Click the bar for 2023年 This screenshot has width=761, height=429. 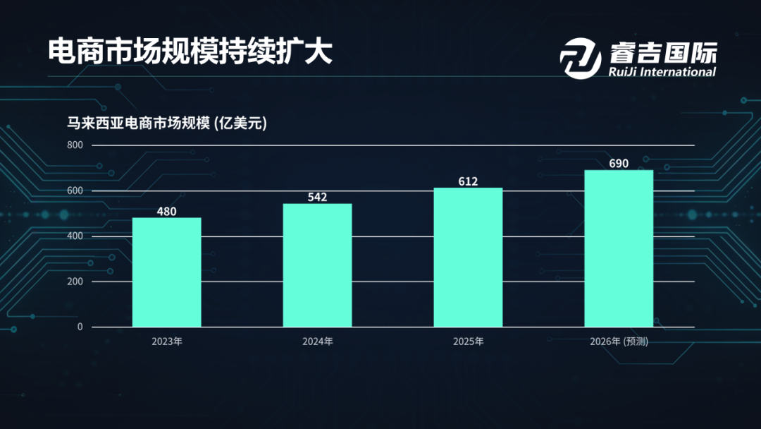[x=167, y=272]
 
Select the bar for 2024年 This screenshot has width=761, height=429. [x=318, y=265]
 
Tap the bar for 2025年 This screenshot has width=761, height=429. [x=468, y=258]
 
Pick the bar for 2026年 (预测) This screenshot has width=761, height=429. [x=619, y=248]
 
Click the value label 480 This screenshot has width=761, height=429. [x=167, y=211]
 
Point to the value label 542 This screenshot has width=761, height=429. [x=318, y=197]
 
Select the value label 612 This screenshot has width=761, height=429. [x=468, y=181]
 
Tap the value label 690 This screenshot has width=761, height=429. [x=619, y=164]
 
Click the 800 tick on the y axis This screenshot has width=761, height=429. [x=75, y=145]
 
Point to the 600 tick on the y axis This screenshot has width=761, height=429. [x=75, y=191]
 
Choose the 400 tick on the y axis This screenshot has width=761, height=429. [x=75, y=236]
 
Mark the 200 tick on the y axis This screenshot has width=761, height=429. [x=75, y=282]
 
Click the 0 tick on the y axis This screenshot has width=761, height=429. [x=80, y=327]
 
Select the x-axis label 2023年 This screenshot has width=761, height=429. [x=167, y=342]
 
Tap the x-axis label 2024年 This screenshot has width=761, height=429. [x=318, y=342]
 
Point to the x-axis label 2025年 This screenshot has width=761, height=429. [x=468, y=342]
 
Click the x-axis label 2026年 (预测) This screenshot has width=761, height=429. [x=619, y=342]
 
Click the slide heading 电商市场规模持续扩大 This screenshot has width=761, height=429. [x=190, y=52]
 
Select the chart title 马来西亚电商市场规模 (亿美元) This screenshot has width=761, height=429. [x=167, y=123]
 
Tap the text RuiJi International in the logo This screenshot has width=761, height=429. [x=661, y=72]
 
